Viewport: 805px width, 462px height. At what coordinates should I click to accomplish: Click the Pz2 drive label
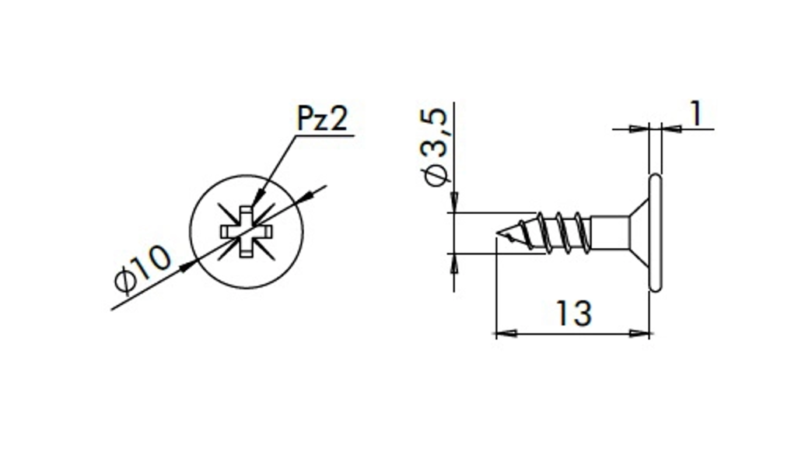(x=323, y=118)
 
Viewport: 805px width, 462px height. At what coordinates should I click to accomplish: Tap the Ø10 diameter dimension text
(x=142, y=269)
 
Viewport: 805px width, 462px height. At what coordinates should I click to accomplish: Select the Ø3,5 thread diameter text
(x=436, y=148)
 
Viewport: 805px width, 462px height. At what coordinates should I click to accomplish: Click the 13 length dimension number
(x=574, y=313)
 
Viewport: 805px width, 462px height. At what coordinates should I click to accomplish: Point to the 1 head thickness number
(x=695, y=114)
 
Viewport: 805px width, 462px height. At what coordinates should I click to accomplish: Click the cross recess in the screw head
(x=247, y=232)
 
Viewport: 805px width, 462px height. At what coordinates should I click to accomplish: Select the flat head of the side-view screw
(x=656, y=233)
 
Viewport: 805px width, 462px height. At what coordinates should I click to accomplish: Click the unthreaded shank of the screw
(x=610, y=233)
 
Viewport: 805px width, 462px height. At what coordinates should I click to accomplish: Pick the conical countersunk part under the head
(x=639, y=233)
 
